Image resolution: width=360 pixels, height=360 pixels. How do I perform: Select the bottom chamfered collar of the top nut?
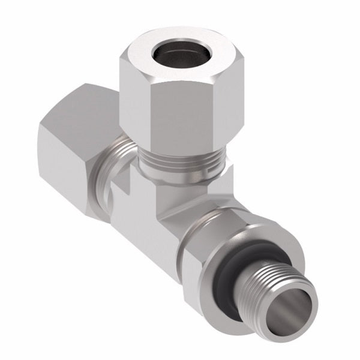[180, 147]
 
